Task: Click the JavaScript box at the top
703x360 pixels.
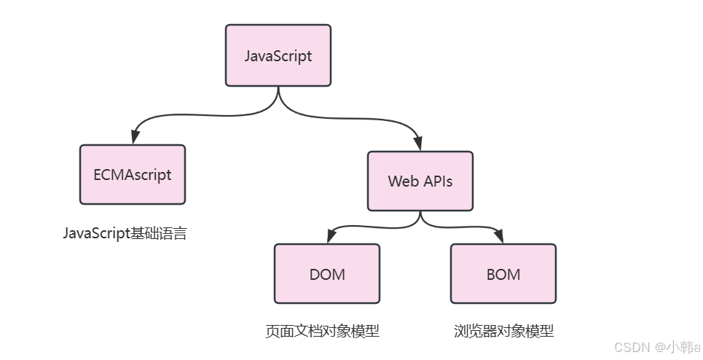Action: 278,55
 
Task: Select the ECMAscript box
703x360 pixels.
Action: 132,174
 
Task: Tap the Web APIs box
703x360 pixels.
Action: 420,181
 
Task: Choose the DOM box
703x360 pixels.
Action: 326,273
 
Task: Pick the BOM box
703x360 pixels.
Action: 503,273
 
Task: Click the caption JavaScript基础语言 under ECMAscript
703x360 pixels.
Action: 125,234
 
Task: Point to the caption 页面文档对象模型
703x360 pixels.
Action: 322,332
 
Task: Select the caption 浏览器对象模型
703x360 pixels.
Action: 503,332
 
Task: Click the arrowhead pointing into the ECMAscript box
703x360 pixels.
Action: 134,138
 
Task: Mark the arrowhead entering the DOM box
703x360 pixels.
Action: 330,237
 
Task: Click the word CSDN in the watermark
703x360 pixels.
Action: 631,347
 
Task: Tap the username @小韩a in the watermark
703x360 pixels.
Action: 677,347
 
